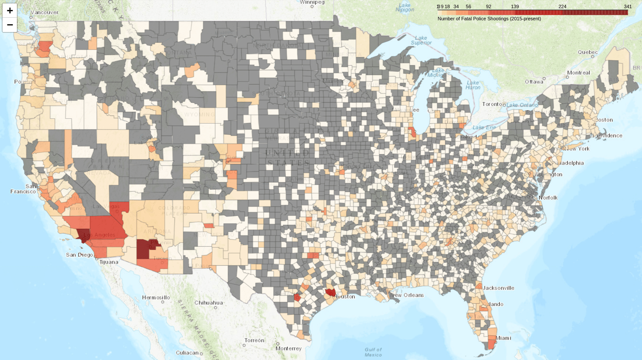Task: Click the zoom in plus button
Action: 10,10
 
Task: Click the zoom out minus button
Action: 10,25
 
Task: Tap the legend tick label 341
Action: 628,6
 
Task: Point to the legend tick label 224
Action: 562,6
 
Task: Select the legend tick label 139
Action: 514,6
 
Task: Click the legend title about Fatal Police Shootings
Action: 489,19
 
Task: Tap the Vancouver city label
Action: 44,13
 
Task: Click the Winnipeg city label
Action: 312,2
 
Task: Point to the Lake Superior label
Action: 421,40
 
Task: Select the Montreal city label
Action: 578,73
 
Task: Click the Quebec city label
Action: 588,52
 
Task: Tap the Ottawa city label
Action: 534,82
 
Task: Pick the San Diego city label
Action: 79,255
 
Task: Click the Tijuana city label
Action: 109,262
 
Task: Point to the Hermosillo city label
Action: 156,298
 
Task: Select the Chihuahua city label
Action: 208,303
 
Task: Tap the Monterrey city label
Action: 288,348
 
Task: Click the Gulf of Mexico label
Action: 373,352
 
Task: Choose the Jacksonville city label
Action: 498,288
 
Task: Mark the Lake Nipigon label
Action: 405,7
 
